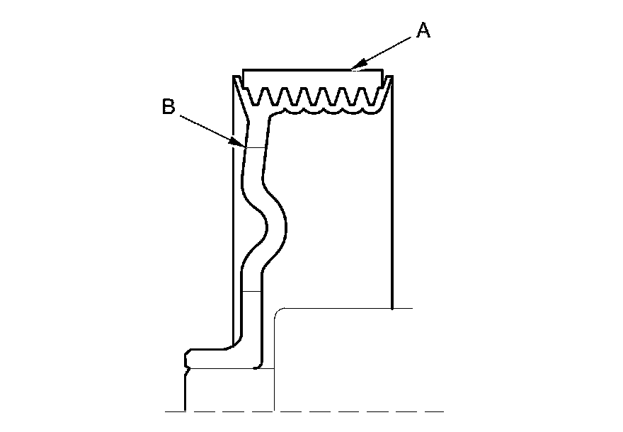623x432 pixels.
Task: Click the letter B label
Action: [x=168, y=106]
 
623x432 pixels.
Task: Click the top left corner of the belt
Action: [x=243, y=69]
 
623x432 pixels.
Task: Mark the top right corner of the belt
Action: [x=382, y=69]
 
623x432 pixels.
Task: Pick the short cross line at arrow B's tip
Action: [x=255, y=147]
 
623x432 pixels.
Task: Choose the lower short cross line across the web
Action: [x=252, y=291]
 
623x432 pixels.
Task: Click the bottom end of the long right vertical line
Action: [x=392, y=308]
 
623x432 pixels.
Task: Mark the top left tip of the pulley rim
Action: [x=234, y=76]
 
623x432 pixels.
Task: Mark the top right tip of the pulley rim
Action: [x=391, y=76]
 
